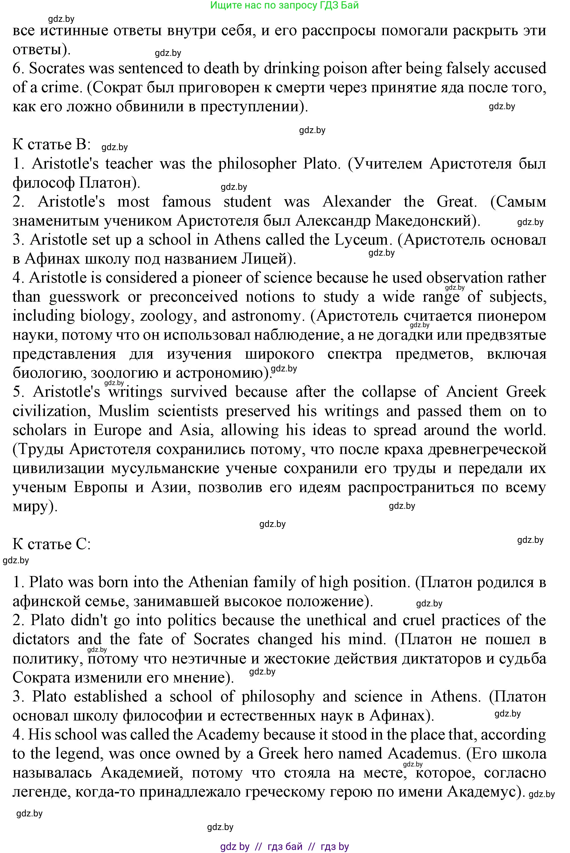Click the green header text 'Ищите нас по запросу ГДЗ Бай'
click(x=284, y=5)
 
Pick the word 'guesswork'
click(x=84, y=297)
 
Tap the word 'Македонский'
click(x=423, y=221)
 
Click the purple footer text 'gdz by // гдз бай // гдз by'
click(x=284, y=846)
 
